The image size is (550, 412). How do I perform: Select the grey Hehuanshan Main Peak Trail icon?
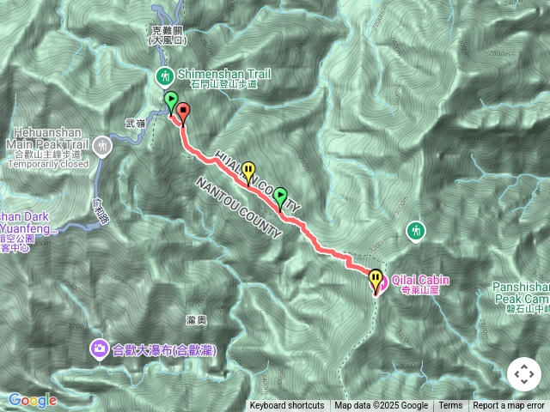(103, 146)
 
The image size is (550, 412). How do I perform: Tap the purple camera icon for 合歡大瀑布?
(100, 348)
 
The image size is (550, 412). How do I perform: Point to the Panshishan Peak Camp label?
(521, 292)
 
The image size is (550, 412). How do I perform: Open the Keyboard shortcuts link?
(287, 406)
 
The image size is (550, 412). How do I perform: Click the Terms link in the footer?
(450, 406)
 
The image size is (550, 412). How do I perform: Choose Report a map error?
(509, 406)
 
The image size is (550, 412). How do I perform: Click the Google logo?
(33, 400)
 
